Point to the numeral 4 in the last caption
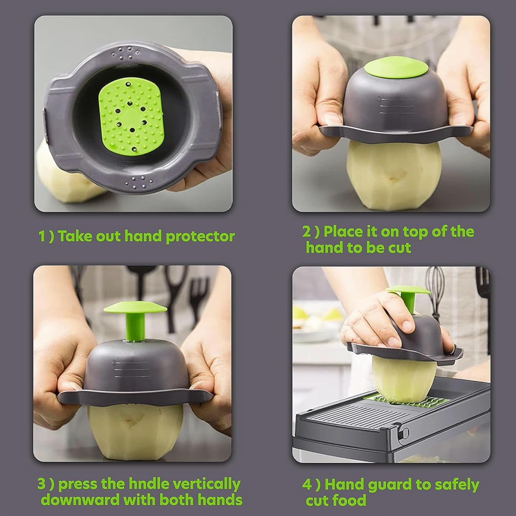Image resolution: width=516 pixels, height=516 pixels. point(307,485)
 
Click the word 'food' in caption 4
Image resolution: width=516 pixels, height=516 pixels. point(351,500)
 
